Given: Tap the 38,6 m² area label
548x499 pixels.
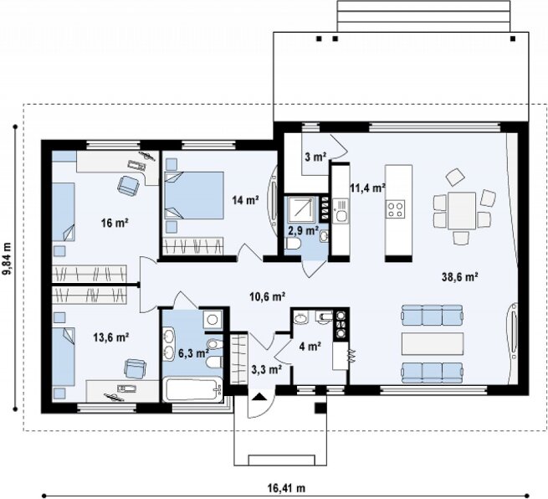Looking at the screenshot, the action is (460, 277).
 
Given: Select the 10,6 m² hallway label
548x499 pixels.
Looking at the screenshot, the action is (268, 296).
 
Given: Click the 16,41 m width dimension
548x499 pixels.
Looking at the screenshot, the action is (287, 487).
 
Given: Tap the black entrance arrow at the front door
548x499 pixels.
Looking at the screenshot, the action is (258, 396).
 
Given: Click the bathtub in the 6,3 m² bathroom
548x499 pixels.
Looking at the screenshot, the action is (193, 389).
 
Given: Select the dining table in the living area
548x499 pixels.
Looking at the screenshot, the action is (462, 210).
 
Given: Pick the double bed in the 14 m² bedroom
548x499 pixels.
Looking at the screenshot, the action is (194, 195).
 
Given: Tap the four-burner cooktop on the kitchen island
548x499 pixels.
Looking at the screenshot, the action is (395, 208).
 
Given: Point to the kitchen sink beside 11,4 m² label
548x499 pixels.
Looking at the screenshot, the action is (340, 211).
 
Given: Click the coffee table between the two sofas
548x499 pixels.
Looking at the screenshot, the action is (433, 344).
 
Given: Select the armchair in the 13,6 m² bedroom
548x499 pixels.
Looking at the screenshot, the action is (135, 368).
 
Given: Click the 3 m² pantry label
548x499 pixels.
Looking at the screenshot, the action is (315, 157).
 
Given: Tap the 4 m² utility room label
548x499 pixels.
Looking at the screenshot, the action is (310, 346).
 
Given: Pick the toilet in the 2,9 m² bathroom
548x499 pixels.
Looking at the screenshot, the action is (293, 244).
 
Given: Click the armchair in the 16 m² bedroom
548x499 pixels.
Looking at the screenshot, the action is (129, 185).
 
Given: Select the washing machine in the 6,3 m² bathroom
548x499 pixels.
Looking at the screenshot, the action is (213, 319).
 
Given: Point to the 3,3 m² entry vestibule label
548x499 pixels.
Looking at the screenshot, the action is (267, 369).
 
